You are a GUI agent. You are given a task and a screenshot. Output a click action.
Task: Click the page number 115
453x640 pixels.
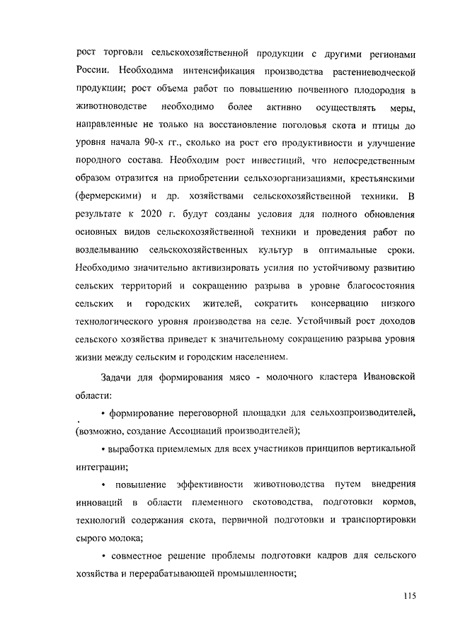(x=407, y=595)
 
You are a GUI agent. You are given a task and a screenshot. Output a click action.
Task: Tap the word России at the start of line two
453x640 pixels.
(x=91, y=71)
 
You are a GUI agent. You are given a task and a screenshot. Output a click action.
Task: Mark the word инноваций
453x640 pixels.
(x=99, y=502)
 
